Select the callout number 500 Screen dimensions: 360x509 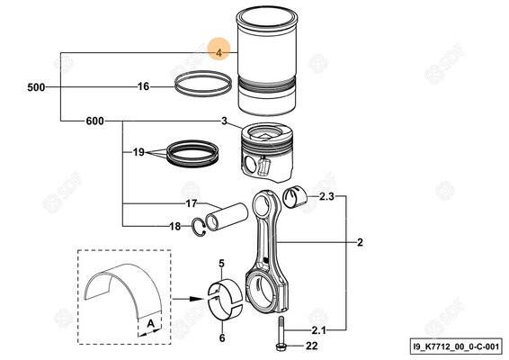35,87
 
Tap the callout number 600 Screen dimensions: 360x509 95,121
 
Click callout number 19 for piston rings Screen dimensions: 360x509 139,153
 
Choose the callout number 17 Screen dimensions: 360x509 192,204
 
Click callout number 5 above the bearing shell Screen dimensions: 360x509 219,263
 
